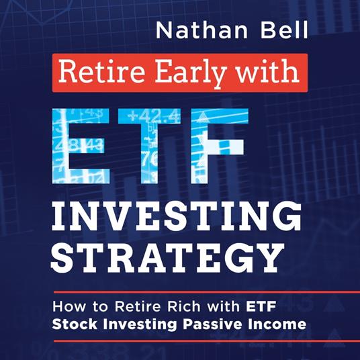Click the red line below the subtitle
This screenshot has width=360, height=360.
179,341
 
